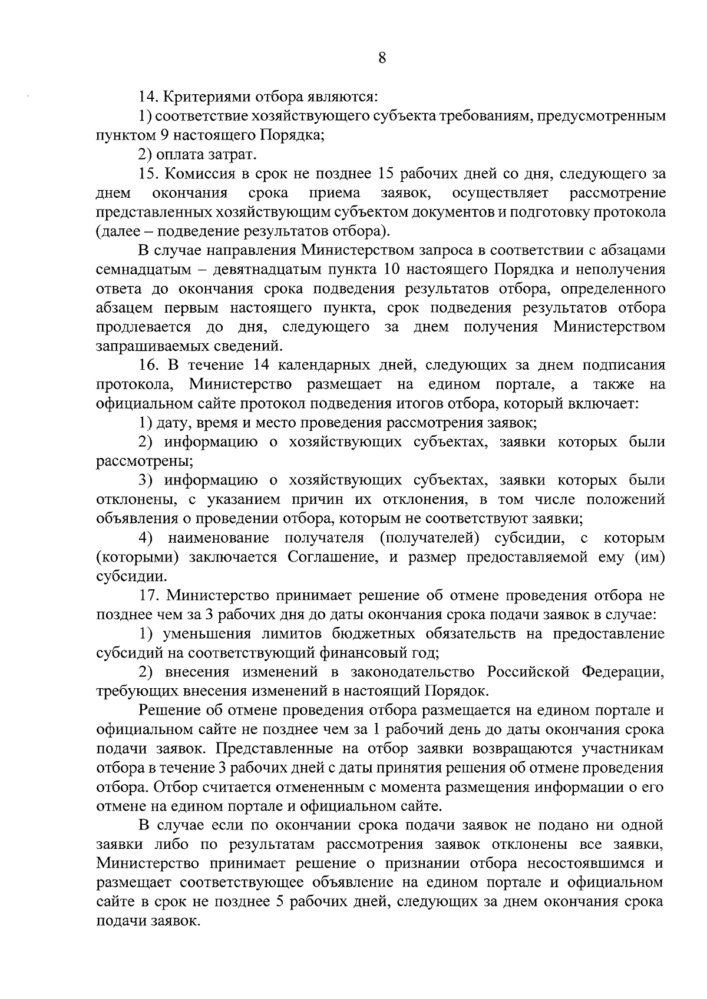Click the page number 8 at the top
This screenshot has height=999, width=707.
(x=382, y=58)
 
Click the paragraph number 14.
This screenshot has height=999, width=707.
(x=147, y=97)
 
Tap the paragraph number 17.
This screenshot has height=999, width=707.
(x=147, y=595)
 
